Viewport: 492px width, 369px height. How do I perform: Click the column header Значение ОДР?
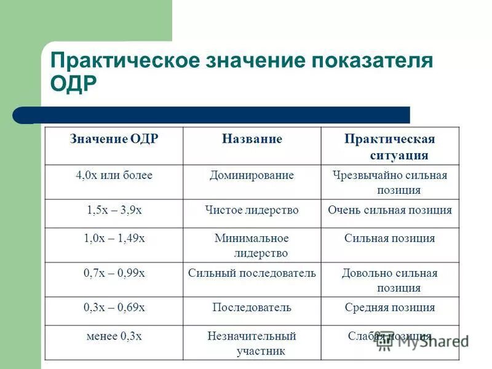(114, 139)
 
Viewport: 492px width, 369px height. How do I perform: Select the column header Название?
(252, 139)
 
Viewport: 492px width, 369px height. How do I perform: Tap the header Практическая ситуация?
(390, 146)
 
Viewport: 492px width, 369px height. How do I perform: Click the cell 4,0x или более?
(114, 175)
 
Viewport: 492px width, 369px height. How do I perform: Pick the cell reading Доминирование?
(252, 175)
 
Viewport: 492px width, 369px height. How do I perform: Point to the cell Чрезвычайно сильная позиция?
(390, 183)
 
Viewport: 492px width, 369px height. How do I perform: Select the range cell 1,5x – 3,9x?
(114, 210)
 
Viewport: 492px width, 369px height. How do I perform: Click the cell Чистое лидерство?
(252, 210)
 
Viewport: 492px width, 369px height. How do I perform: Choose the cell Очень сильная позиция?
(390, 210)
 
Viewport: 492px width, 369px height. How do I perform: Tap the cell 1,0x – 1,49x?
(114, 238)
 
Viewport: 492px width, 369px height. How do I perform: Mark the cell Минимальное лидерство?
(252, 245)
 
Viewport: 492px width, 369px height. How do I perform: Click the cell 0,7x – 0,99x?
(114, 273)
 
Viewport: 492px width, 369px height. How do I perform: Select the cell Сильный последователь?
(252, 273)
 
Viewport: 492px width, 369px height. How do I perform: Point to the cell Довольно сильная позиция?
(390, 280)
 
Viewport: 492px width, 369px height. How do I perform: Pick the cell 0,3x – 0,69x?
(114, 307)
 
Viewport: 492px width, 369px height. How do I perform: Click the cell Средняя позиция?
(390, 307)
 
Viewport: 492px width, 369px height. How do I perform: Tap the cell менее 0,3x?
(114, 336)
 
